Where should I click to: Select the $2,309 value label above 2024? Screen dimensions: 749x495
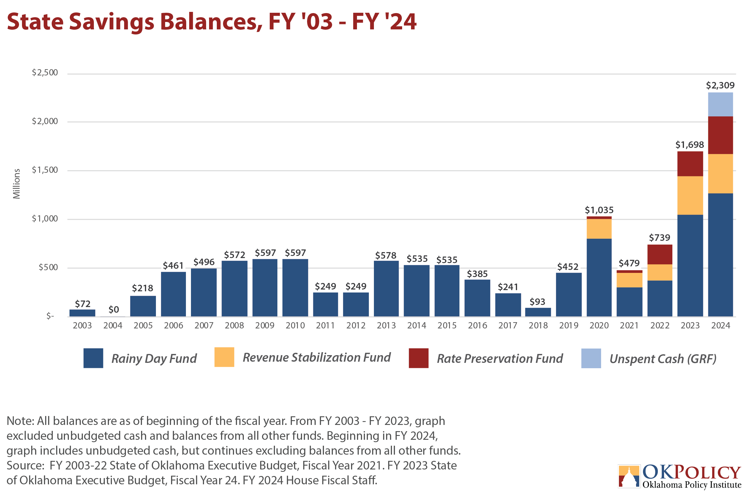720,85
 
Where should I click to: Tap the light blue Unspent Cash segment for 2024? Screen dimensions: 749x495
720,105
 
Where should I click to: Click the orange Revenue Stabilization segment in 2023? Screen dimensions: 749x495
690,195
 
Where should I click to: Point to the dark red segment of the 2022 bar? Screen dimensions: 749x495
660,254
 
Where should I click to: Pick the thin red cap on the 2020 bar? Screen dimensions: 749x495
599,218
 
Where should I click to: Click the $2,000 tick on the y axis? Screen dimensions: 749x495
45,121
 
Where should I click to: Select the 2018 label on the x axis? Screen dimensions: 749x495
538,325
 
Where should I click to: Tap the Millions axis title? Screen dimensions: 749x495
16,184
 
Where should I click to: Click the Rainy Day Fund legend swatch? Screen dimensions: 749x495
93,358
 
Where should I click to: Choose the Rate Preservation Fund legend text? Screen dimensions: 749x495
500,359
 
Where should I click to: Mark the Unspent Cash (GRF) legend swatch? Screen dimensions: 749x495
591,358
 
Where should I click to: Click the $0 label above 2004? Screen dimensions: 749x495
114,309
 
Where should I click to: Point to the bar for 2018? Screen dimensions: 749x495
538,312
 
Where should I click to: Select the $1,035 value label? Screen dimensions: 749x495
599,210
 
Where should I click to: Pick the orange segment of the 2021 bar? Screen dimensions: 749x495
629,280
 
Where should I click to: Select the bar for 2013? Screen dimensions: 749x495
386,289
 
